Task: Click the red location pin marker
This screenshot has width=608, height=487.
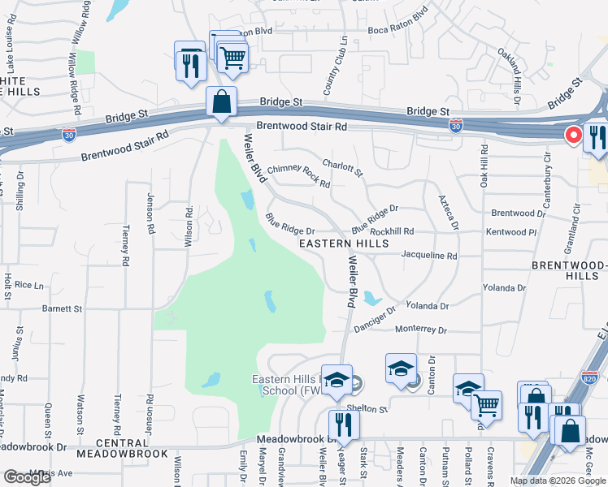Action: pyautogui.click(x=572, y=136)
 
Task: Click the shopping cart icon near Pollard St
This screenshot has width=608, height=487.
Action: pyautogui.click(x=487, y=405)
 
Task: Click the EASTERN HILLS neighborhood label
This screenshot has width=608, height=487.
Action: pyautogui.click(x=344, y=243)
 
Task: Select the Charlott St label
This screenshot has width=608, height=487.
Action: pyautogui.click(x=342, y=167)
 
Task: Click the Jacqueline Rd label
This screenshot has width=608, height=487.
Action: pyautogui.click(x=430, y=255)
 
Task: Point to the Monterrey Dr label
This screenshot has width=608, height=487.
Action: pyautogui.click(x=422, y=330)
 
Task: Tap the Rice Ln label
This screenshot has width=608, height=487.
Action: pyautogui.click(x=28, y=285)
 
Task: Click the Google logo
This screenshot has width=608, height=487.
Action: pyautogui.click(x=27, y=477)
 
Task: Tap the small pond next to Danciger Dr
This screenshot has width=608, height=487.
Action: pyautogui.click(x=371, y=297)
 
